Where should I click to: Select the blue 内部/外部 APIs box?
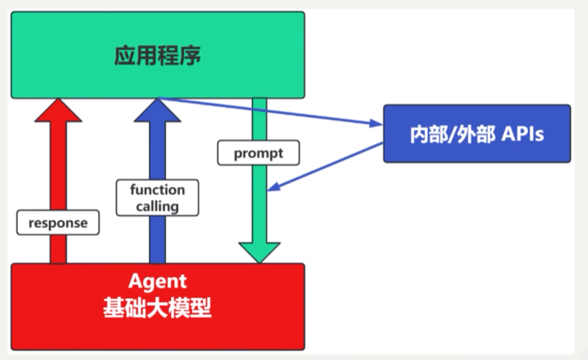coord(476,133)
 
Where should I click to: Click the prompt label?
coord(258,154)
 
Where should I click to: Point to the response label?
coord(58,221)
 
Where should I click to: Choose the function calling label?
coord(157,198)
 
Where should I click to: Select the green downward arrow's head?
coord(258,252)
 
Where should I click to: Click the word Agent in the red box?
coord(157,282)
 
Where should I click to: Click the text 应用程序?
coord(157,56)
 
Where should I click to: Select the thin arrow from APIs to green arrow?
coord(326,167)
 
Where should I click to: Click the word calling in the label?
coord(157,206)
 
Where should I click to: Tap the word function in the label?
coord(157,190)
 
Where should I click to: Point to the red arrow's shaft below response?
coord(58,249)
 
